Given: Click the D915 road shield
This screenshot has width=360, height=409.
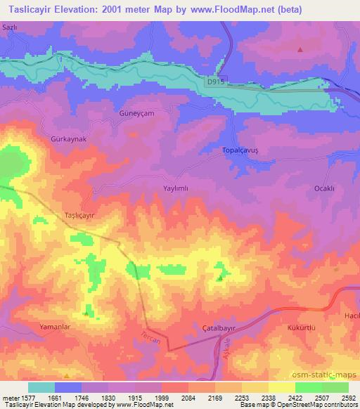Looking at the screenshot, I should pyautogui.click(x=216, y=82).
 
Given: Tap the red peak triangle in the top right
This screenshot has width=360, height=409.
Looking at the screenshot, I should pyautogui.click(x=300, y=49).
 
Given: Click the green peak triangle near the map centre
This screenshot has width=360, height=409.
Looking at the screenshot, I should pyautogui.click(x=221, y=278).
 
